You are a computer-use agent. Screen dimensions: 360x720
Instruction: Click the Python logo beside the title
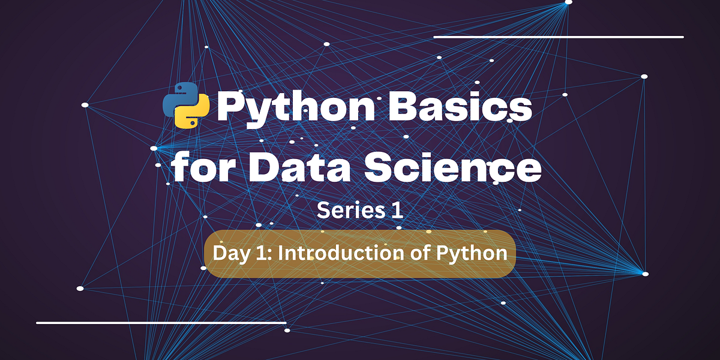186,108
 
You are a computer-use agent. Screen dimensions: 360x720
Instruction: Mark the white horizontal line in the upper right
558,37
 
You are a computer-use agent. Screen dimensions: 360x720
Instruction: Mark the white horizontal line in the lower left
161,323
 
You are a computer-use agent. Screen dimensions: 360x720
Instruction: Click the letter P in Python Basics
231,108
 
